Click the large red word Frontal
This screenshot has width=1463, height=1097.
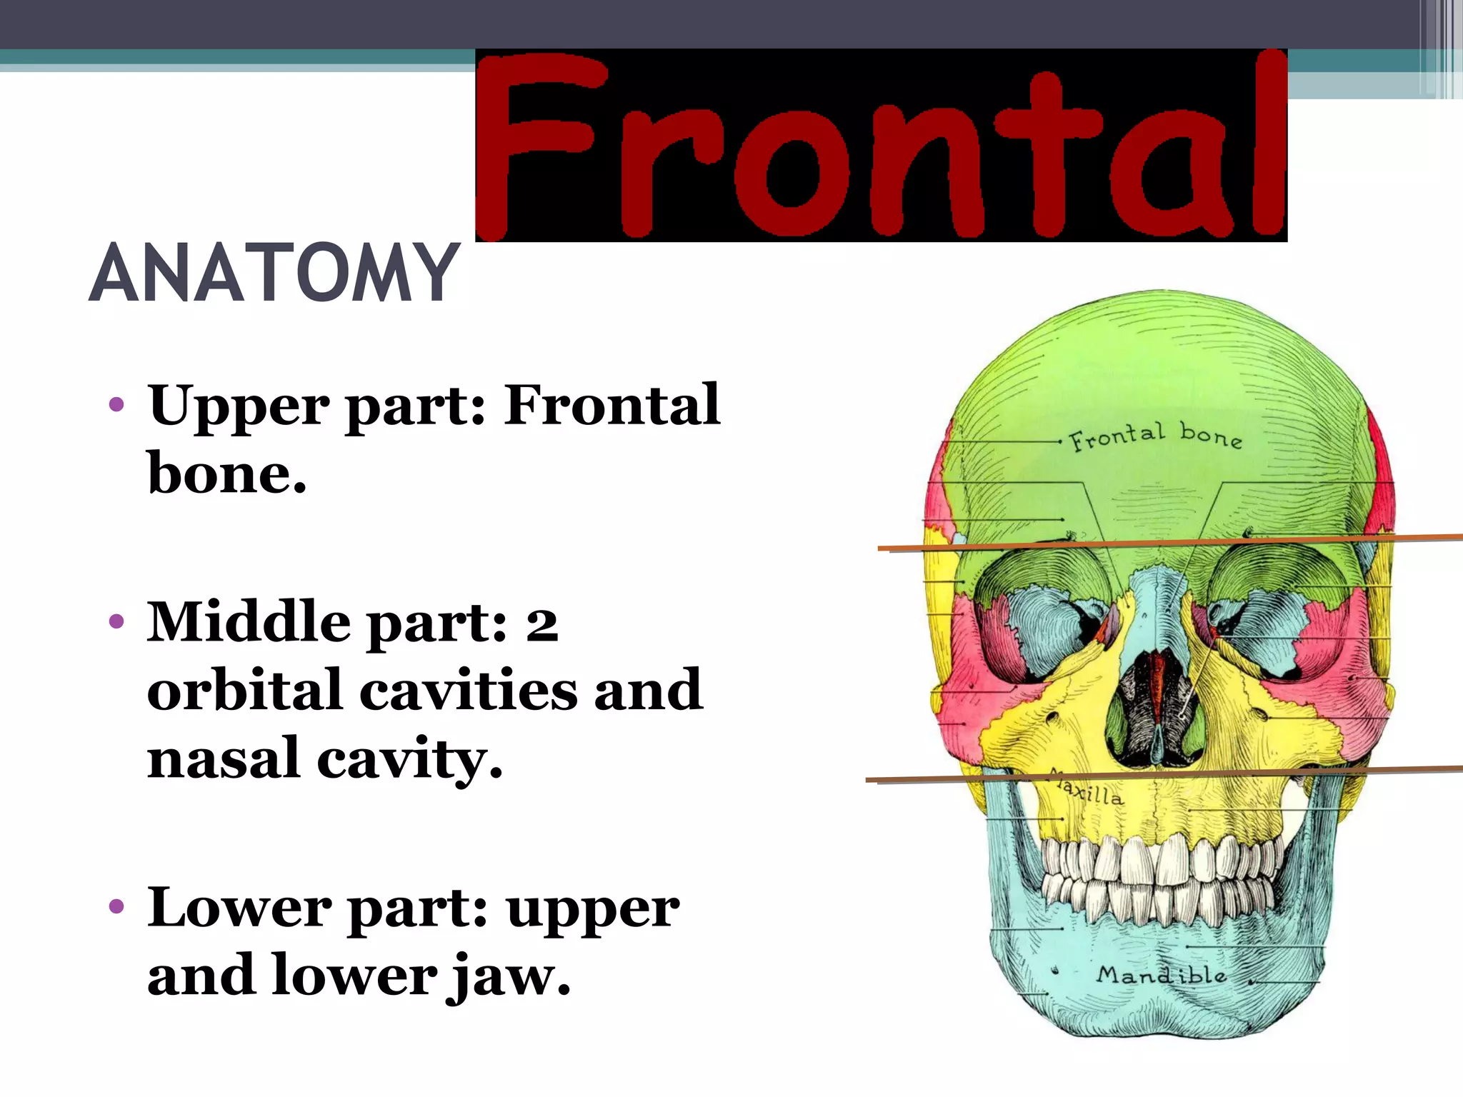[880, 146]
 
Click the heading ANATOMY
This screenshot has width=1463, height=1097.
[274, 273]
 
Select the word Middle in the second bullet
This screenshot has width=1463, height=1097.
[249, 622]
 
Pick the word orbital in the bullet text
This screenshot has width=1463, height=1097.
[244, 690]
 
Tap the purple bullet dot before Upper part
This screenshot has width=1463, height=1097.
[116, 406]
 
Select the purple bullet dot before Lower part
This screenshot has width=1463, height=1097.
[116, 907]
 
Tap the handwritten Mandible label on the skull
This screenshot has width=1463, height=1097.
[1162, 974]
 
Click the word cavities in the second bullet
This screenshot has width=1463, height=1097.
[468, 690]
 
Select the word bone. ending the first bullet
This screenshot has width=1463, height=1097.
[226, 473]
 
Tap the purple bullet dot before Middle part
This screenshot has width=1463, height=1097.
[116, 621]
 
